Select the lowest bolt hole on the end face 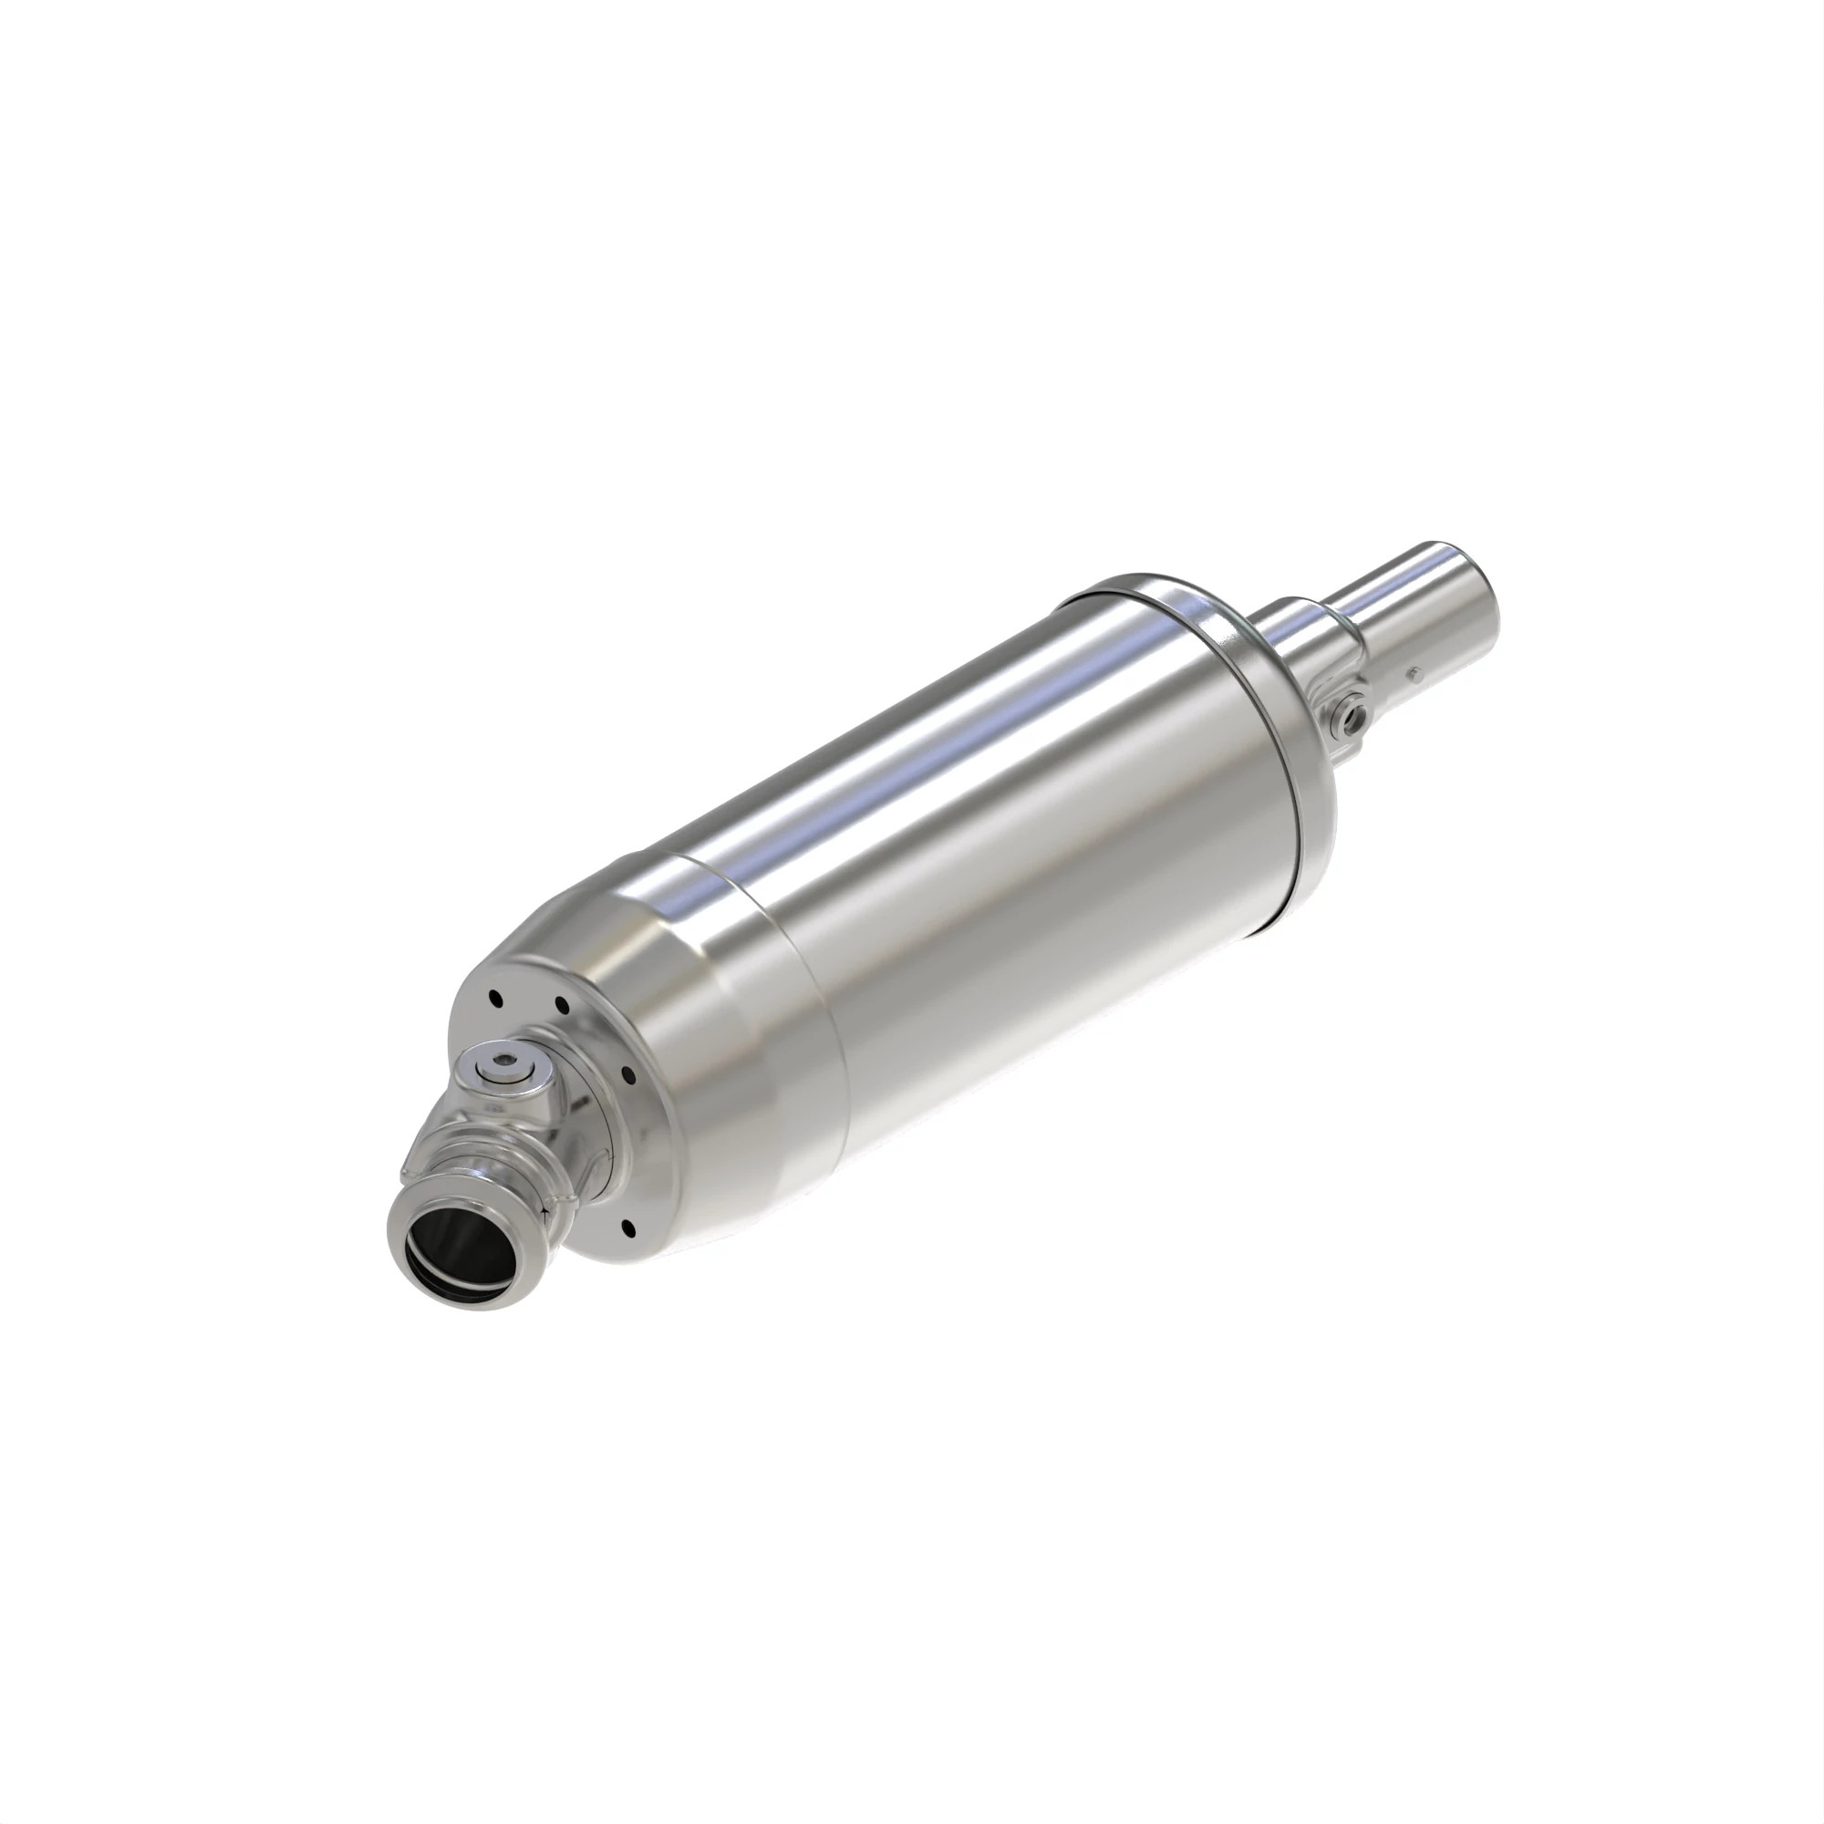[x=627, y=1228]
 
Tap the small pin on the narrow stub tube [x=1414, y=674]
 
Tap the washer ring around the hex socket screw [x=491, y=1057]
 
